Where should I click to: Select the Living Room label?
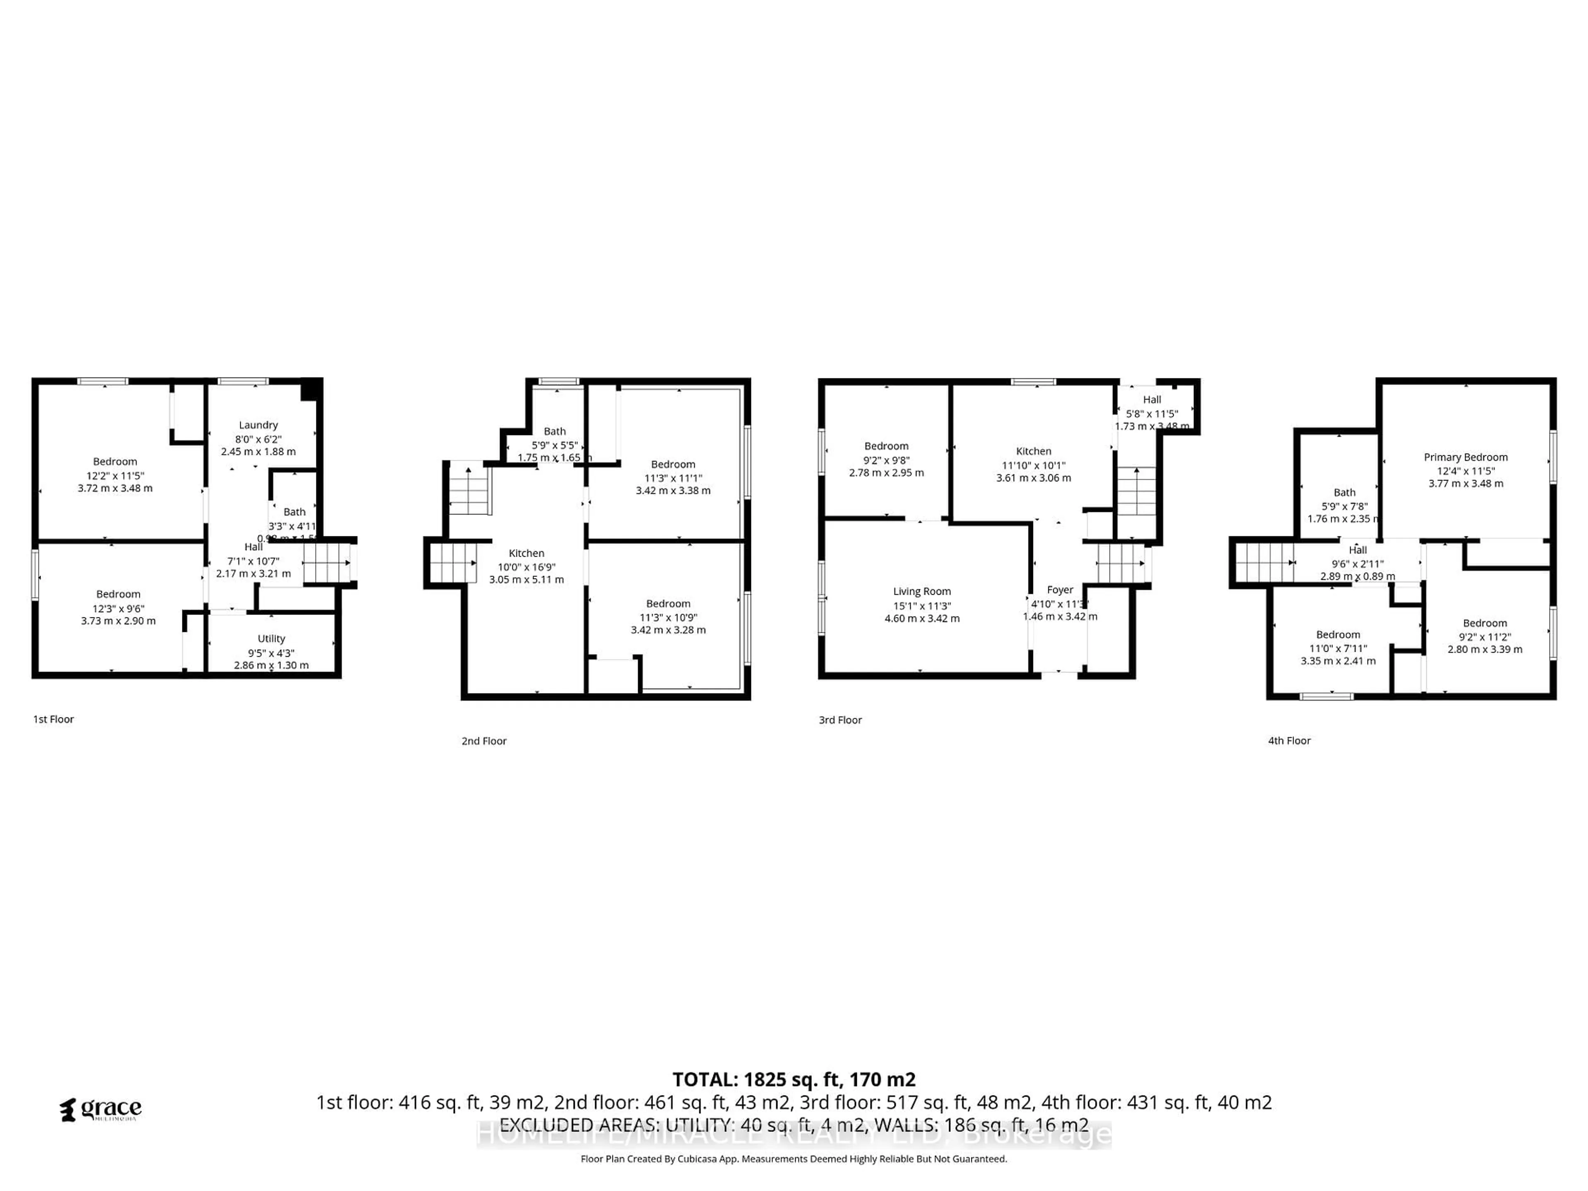tap(922, 591)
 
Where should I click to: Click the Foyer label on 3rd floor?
tap(1059, 589)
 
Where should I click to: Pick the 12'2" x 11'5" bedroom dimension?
tap(115, 475)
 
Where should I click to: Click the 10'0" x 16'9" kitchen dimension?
tap(526, 567)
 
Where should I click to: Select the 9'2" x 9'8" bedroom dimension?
tap(886, 459)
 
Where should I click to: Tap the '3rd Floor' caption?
tap(840, 719)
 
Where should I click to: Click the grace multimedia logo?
tap(100, 1109)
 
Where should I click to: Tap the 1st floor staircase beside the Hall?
tap(327, 563)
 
